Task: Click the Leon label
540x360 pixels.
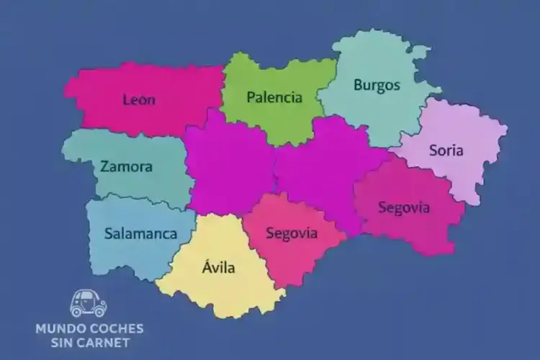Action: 139,99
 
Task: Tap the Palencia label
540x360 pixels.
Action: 274,97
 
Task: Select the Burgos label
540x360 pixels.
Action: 377,85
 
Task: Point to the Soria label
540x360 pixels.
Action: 446,150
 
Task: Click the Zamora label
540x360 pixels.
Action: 127,166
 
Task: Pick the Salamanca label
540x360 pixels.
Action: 140,233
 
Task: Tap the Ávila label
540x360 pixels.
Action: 218,269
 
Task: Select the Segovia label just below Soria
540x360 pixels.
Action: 404,208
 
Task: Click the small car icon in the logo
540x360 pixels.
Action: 89,304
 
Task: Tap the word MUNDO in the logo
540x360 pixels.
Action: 60,328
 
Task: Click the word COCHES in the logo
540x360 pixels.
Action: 115,328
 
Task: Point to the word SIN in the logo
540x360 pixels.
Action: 67,342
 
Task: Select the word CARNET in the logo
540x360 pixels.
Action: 107,342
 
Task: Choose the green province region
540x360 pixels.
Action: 274,119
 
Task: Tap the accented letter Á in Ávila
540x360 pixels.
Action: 206,269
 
